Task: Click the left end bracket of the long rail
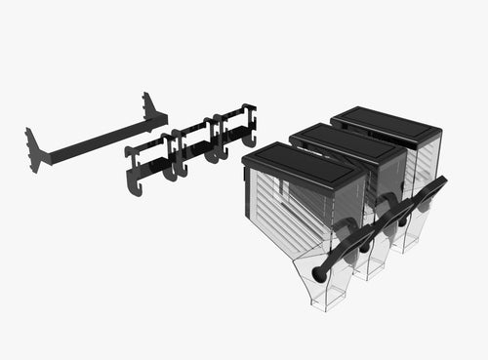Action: [x=34, y=147]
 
